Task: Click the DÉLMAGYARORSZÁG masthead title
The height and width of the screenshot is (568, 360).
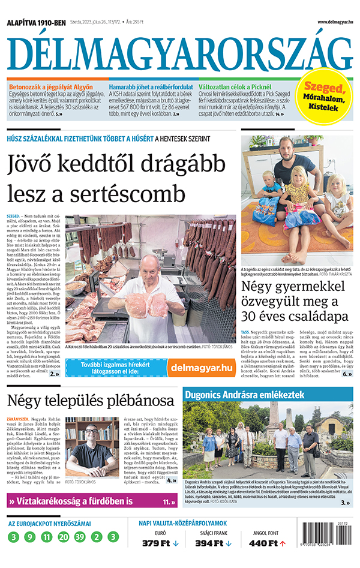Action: [179, 53]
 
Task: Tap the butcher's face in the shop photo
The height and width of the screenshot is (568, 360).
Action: [146, 266]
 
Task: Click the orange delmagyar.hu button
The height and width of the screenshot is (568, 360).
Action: [201, 367]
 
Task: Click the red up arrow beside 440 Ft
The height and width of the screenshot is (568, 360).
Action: [283, 543]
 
